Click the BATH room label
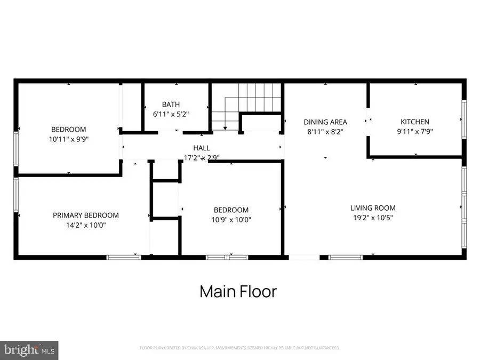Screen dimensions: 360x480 pyautogui.click(x=171, y=105)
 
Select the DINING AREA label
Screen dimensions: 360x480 pyautogui.click(x=325, y=122)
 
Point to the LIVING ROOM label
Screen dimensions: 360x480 pyautogui.click(x=373, y=208)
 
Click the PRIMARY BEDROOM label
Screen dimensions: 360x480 pyautogui.click(x=85, y=215)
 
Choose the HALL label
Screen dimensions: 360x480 pyautogui.click(x=202, y=148)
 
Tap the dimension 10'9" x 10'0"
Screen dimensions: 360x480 pyautogui.click(x=231, y=219)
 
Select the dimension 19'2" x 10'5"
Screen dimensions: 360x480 pyautogui.click(x=373, y=218)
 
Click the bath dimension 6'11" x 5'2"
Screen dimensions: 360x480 pyautogui.click(x=171, y=114)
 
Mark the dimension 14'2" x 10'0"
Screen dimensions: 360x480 pyautogui.click(x=85, y=225)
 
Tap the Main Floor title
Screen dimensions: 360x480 pyautogui.click(x=238, y=292)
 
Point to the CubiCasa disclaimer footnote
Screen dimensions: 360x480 pyautogui.click(x=239, y=348)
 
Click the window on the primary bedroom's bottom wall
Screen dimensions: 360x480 pyautogui.click(x=124, y=258)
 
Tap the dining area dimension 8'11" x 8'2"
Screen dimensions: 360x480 pyautogui.click(x=325, y=131)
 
